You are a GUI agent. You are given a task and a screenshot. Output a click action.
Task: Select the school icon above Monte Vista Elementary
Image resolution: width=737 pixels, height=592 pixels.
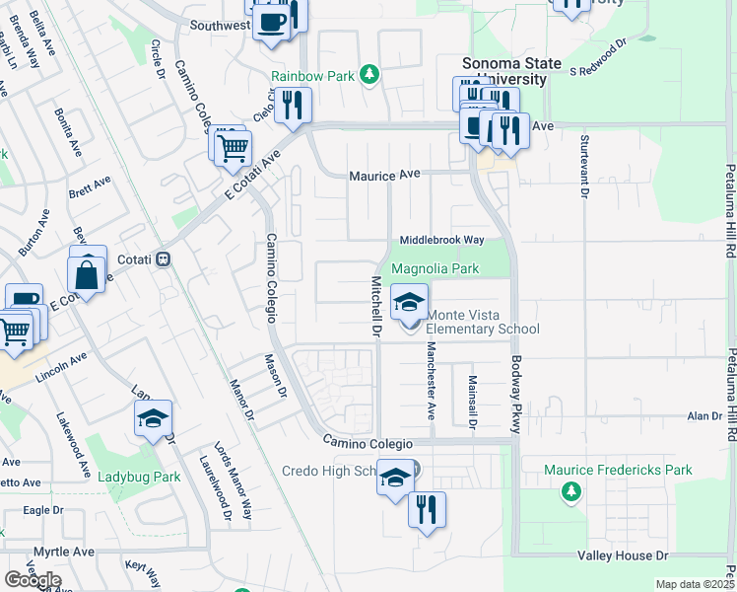[409, 302]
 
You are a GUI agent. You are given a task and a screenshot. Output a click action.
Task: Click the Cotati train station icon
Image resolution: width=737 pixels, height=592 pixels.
[165, 259]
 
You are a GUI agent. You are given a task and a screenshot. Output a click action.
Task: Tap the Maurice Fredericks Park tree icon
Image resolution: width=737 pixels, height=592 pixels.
[569, 490]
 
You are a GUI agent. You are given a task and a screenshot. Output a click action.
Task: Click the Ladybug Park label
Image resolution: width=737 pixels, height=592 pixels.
[139, 477]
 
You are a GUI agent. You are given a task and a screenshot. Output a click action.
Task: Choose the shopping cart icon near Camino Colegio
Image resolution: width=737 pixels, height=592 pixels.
[234, 149]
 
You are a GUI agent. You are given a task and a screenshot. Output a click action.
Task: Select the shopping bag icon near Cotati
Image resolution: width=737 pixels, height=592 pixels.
[87, 272]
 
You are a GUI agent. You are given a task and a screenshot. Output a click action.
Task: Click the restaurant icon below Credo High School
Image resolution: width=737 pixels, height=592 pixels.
[427, 510]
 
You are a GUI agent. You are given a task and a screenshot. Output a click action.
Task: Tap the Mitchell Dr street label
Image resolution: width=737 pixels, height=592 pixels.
[375, 306]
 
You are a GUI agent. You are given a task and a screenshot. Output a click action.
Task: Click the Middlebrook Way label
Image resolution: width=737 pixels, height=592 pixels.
[442, 240]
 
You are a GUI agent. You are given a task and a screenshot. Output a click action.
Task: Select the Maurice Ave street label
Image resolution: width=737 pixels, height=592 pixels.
[384, 174]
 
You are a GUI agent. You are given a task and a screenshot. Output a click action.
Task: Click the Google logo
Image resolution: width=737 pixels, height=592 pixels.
[32, 580]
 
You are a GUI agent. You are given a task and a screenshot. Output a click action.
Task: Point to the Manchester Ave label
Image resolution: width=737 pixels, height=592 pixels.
[431, 381]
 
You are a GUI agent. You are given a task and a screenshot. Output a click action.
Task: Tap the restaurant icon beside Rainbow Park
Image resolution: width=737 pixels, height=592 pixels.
[292, 106]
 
